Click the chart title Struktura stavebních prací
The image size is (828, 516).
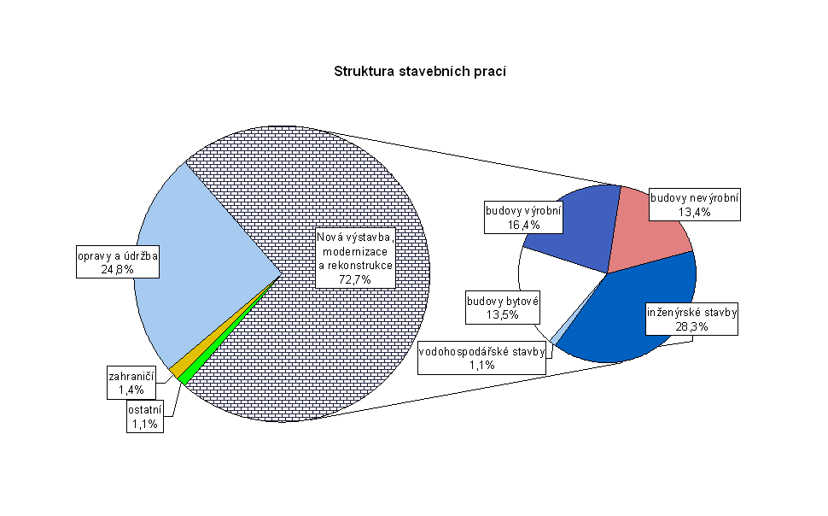click(x=420, y=72)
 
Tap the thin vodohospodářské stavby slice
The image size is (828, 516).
click(x=557, y=339)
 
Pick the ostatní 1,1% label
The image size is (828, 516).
click(x=145, y=418)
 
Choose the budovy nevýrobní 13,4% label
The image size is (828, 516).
click(x=694, y=205)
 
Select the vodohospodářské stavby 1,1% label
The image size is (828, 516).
click(x=482, y=358)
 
